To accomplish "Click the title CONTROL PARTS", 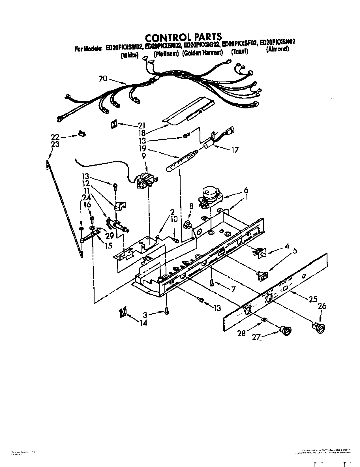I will click(x=183, y=37).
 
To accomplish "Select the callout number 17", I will click(x=235, y=150).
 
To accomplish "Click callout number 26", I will click(x=322, y=306).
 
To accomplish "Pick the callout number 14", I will click(x=143, y=322).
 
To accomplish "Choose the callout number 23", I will click(x=55, y=145).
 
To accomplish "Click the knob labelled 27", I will click(x=286, y=330).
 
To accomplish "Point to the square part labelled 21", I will click(x=114, y=124).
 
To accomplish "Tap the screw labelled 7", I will click(x=212, y=282).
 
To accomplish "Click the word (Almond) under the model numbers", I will click(x=277, y=49).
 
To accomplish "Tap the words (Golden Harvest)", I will click(x=202, y=53).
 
